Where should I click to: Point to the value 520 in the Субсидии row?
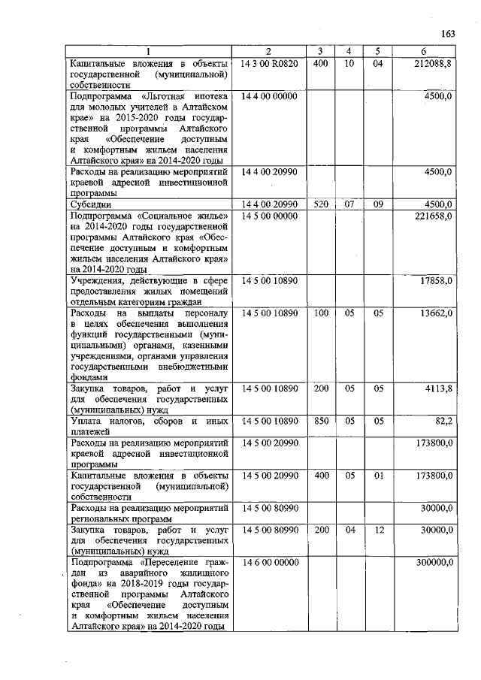(320, 204)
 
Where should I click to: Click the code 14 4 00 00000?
(269, 97)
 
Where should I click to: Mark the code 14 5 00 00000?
(269, 216)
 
